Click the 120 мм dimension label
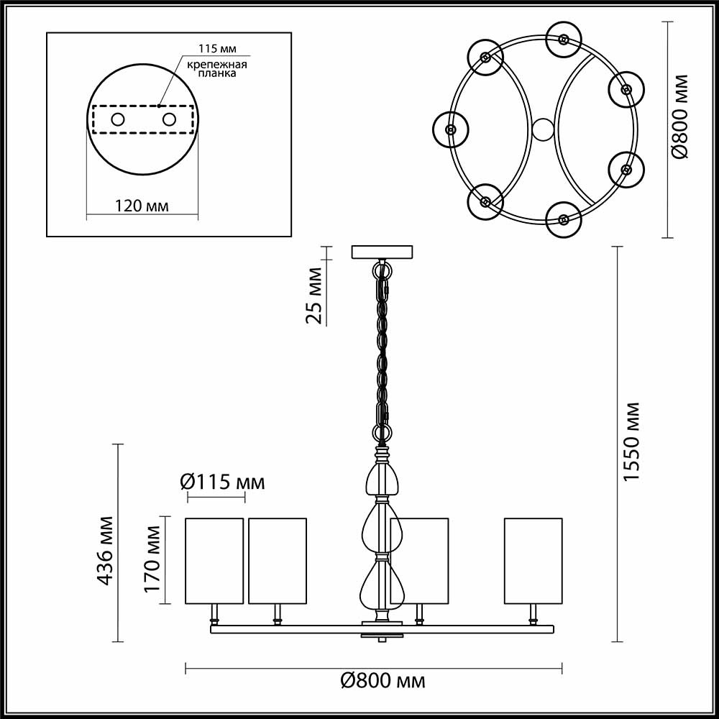pyautogui.click(x=142, y=206)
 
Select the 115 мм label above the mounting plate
pyautogui.click(x=216, y=49)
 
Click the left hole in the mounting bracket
pyautogui.click(x=117, y=119)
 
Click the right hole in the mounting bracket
pyautogui.click(x=170, y=119)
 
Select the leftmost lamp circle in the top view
pyautogui.click(x=451, y=129)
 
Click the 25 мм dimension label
pyautogui.click(x=315, y=295)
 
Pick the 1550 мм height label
pyautogui.click(x=631, y=441)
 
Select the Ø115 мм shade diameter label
pyautogui.click(x=221, y=482)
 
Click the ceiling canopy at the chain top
pyautogui.click(x=382, y=252)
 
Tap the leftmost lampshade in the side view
pyautogui.click(x=215, y=560)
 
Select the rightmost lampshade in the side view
pyautogui.click(x=533, y=560)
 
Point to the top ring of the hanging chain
pyautogui.click(x=382, y=270)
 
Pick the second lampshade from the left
pyautogui.click(x=278, y=560)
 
